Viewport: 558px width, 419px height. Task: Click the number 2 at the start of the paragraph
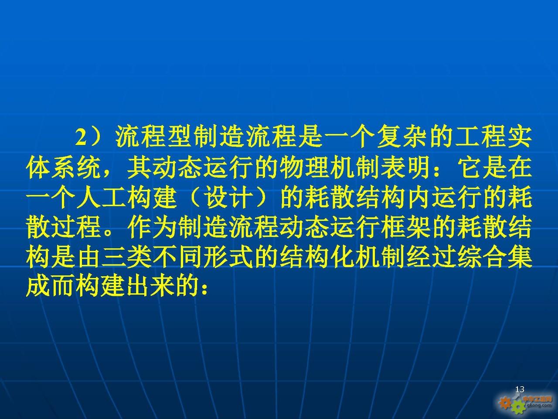82,138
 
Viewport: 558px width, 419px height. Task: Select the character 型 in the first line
180,138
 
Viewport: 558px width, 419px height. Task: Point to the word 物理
305,168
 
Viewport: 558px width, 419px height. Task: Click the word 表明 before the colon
407,168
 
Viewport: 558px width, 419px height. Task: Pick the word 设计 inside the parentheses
229,197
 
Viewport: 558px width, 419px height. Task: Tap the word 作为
153,227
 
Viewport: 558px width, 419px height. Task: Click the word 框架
407,227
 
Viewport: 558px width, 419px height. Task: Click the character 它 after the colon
470,168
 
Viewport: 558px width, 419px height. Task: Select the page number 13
520,389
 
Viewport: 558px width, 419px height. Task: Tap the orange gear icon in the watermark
505,403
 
